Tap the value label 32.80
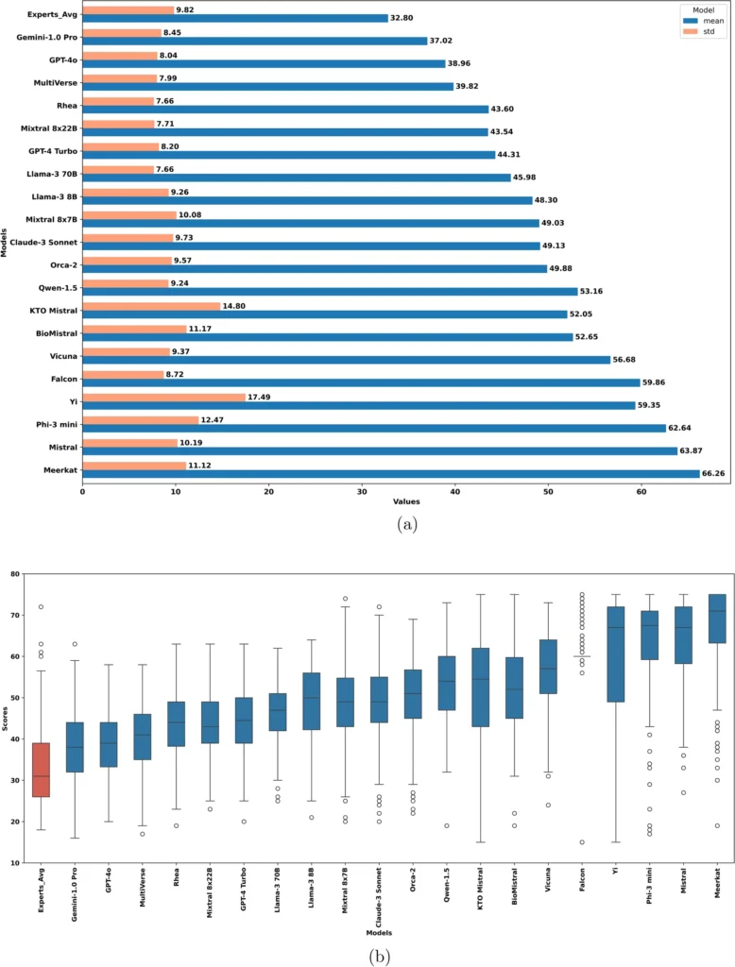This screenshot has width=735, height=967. coord(402,18)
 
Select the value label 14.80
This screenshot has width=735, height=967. coord(235,306)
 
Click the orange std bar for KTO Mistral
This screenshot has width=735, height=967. coord(151,306)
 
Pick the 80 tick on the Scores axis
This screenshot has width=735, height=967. coord(12,573)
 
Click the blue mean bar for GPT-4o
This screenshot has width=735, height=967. coord(264,63)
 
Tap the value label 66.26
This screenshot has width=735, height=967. coord(714,474)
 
